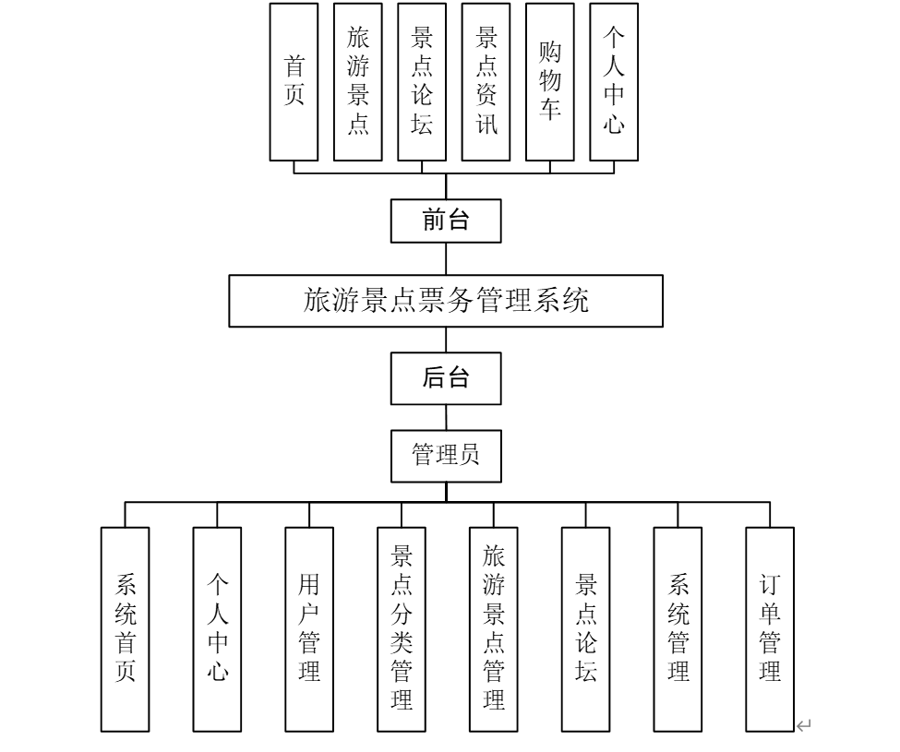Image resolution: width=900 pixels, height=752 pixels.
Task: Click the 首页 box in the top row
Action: tap(294, 82)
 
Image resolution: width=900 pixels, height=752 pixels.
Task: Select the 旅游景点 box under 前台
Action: tap(357, 82)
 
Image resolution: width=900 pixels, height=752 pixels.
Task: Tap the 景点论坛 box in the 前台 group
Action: tap(422, 82)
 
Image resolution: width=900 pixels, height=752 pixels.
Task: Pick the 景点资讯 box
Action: tap(486, 82)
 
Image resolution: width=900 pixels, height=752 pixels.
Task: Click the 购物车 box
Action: tap(549, 82)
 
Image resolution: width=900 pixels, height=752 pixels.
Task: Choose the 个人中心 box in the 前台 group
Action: tap(614, 82)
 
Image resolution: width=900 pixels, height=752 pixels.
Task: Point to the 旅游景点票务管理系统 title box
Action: tap(446, 301)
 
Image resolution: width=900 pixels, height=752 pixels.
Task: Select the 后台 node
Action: tap(446, 378)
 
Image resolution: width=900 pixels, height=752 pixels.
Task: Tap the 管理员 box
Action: tap(446, 456)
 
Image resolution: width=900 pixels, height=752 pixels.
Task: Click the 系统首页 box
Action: tap(126, 629)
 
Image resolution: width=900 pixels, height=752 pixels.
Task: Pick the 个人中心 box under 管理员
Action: tap(217, 629)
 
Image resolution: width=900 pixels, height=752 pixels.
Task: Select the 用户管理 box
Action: tap(309, 629)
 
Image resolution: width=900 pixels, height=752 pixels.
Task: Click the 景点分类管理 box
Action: tap(402, 629)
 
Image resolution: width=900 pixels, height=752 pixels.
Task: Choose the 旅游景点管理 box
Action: tap(493, 629)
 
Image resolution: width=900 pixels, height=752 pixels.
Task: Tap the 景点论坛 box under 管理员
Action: tap(585, 629)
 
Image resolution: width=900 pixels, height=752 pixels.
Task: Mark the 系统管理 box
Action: tap(678, 629)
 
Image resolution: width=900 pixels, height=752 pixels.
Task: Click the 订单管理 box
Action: tap(770, 629)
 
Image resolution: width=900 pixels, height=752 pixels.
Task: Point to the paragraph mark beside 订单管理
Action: tap(803, 726)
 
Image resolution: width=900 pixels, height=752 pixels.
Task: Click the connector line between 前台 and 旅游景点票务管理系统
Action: tap(446, 258)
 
